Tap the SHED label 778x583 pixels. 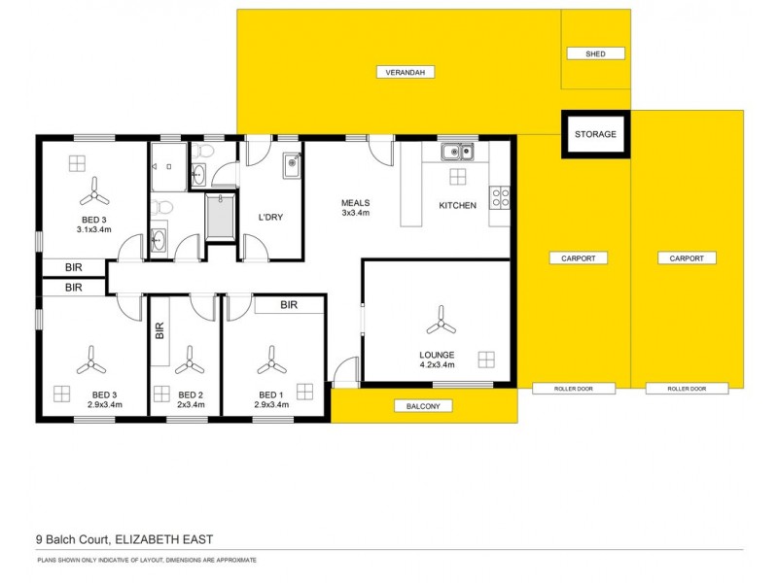[596, 53]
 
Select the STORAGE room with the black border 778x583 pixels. [595, 134]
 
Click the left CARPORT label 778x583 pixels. [578, 258]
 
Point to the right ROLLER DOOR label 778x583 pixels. [687, 389]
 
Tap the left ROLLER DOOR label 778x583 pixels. [574, 389]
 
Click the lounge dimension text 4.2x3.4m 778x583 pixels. [437, 366]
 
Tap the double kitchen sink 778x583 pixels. [456, 151]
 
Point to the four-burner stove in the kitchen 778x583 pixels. [501, 198]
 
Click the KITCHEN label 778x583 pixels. [457, 206]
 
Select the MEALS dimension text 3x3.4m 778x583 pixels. [355, 213]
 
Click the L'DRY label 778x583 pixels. [269, 217]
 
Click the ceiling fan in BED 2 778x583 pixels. [190, 363]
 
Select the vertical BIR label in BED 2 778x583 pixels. [160, 332]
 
